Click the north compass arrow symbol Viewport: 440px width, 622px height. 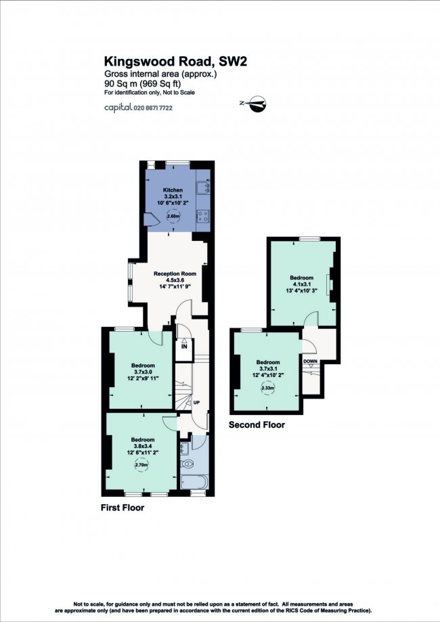256,104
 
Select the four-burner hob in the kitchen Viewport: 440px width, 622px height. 202,216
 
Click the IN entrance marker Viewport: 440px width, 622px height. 183,347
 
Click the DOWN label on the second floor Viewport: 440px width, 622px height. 310,361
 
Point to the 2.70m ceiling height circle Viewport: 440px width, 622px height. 141,464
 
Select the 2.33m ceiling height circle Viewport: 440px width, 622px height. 268,388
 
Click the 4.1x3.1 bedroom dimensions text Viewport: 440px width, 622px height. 301,284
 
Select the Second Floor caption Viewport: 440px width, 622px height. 257,425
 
